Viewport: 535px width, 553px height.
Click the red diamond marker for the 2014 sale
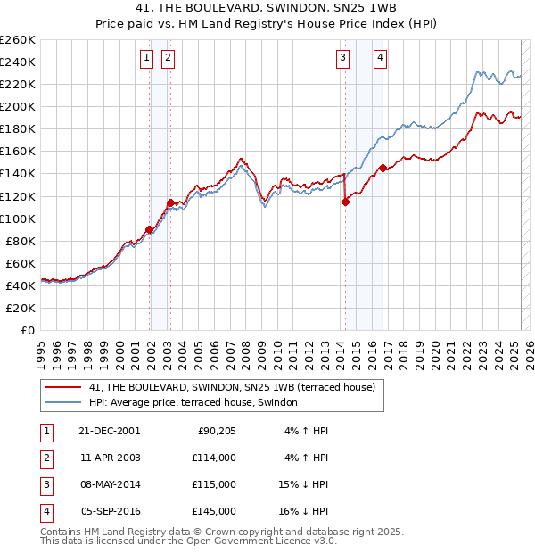(x=345, y=202)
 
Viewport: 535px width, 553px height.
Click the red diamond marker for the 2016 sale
(x=383, y=168)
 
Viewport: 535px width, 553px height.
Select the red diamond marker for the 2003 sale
(x=170, y=202)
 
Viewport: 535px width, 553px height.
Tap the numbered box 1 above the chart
(x=146, y=58)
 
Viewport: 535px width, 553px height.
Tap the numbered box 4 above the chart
(x=380, y=58)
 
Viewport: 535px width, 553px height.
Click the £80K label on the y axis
(x=21, y=241)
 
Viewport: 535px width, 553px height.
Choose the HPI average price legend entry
(x=193, y=403)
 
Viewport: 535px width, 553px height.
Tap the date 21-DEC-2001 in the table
(x=109, y=431)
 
